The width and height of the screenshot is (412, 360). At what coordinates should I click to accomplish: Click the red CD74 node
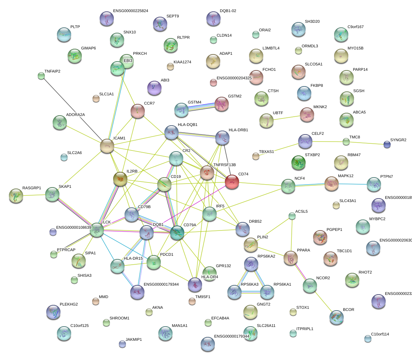click(232, 182)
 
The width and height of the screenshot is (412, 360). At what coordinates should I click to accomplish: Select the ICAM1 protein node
click(107, 145)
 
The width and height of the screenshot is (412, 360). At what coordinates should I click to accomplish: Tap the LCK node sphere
click(96, 230)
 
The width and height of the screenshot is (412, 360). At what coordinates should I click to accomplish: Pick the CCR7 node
click(137, 111)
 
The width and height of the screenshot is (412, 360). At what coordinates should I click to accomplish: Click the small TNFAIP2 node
click(41, 75)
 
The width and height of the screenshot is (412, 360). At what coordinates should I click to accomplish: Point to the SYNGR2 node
click(387, 144)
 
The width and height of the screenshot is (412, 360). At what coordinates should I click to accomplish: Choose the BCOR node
click(336, 317)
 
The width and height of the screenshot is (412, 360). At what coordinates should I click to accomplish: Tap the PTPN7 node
click(374, 184)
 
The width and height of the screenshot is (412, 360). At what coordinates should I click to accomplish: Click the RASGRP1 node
click(16, 195)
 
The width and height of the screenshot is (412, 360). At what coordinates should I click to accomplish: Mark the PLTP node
click(64, 34)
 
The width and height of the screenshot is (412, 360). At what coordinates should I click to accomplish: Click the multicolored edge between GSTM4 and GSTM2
click(202, 106)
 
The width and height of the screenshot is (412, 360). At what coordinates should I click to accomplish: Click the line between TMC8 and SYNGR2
click(366, 143)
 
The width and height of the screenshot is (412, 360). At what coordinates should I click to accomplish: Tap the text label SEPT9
click(173, 16)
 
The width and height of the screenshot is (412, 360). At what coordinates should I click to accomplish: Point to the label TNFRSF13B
click(225, 165)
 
